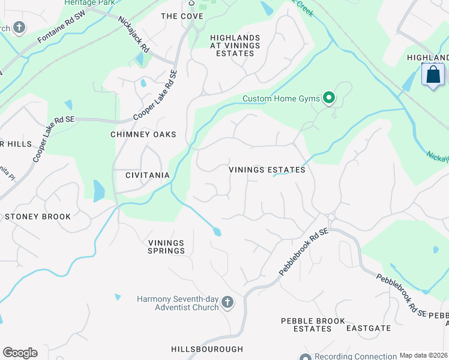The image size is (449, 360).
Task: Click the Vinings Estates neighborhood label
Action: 267,170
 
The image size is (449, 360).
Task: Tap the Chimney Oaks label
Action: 143,134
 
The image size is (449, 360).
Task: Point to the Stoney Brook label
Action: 38,217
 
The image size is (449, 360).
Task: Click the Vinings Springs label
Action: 166,247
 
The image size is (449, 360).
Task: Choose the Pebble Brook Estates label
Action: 313,325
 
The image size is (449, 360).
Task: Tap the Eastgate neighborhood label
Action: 369,328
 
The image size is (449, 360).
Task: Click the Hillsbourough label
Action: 207,349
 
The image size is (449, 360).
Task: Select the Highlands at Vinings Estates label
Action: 235,45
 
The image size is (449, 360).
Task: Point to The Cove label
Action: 182,16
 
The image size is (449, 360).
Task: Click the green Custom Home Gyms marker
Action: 329,97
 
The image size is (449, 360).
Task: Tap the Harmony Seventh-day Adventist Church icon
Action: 228,302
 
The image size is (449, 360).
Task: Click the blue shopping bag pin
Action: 433,76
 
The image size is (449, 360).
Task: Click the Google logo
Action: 20,352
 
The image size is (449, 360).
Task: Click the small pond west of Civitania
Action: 99,191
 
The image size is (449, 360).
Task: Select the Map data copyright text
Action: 423,355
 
